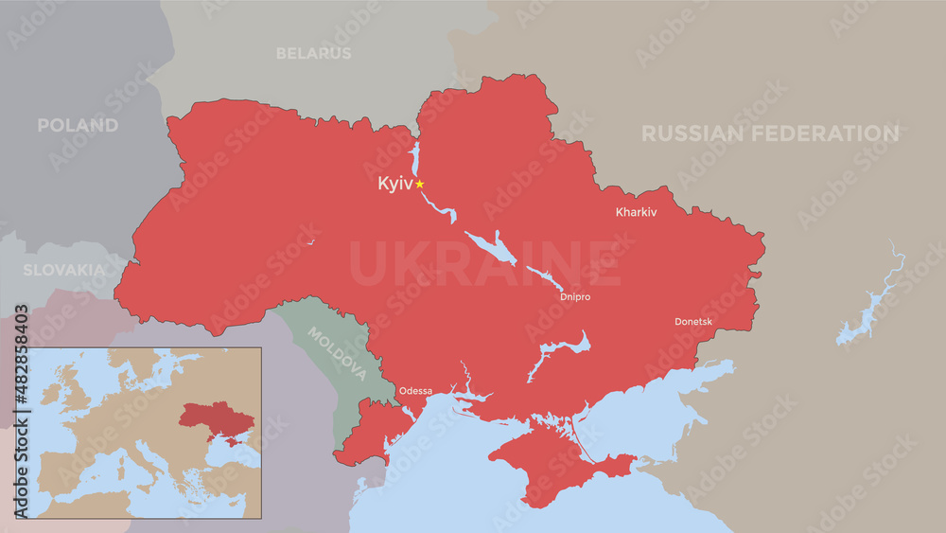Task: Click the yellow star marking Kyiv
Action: click(420, 184)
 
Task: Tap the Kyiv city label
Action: click(394, 184)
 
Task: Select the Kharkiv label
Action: click(636, 213)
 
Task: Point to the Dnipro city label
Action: click(575, 297)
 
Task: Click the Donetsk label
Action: click(693, 322)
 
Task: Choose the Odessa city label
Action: click(415, 390)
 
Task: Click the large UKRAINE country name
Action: click(485, 264)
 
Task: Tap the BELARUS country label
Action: click(313, 54)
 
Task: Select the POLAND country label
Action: click(78, 125)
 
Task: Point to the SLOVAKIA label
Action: click(64, 270)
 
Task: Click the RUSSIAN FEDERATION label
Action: click(770, 133)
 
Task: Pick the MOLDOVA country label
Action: click(337, 354)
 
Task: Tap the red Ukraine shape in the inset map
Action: click(218, 418)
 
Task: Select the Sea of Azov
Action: click(662, 407)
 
